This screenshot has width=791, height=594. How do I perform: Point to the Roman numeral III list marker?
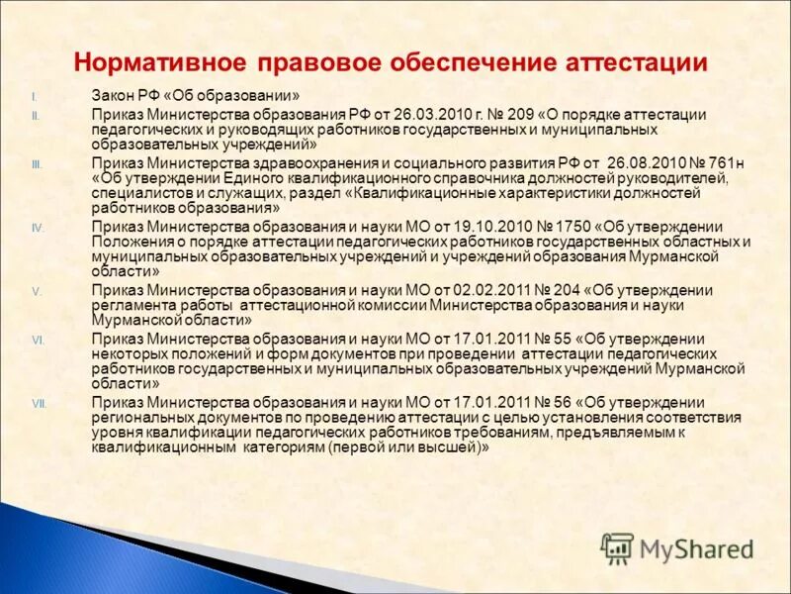point(37,164)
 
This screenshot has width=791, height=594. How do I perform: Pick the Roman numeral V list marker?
point(36,291)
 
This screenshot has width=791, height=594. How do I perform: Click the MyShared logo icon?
point(617,547)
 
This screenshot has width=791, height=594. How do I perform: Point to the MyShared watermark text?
point(696,548)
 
